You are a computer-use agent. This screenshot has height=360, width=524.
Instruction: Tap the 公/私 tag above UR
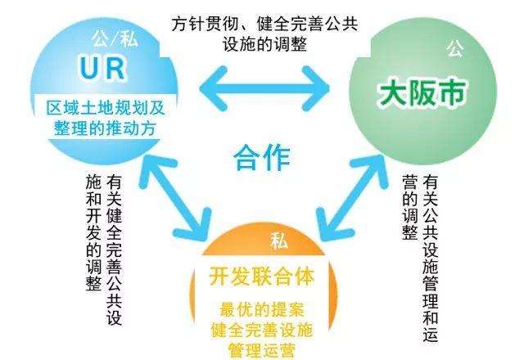pos(103,38)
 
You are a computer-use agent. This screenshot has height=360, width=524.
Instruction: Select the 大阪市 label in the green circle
pos(422,93)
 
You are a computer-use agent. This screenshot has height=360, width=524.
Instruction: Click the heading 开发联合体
pos(260,276)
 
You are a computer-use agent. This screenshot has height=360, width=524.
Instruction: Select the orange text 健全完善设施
pos(261,331)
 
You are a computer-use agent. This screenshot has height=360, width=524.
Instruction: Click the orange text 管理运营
pos(261,351)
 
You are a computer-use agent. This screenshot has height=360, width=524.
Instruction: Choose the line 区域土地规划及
pos(103,107)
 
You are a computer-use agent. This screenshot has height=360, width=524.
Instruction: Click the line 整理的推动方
pos(103,129)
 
